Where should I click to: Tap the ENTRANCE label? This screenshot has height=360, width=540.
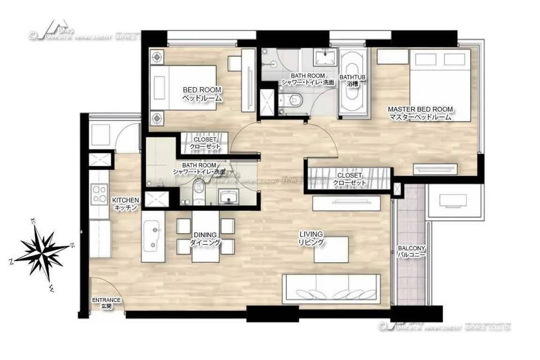point(106,303)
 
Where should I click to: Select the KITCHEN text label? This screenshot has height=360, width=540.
point(125,204)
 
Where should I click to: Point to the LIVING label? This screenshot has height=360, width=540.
point(311,238)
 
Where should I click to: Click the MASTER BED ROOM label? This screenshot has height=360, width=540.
point(420,113)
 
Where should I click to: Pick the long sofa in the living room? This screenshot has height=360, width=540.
point(331,288)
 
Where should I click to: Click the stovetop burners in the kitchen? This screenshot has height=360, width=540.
point(100,194)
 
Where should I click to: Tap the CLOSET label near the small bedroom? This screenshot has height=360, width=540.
point(204,143)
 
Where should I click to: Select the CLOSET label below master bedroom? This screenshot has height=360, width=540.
point(348,179)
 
